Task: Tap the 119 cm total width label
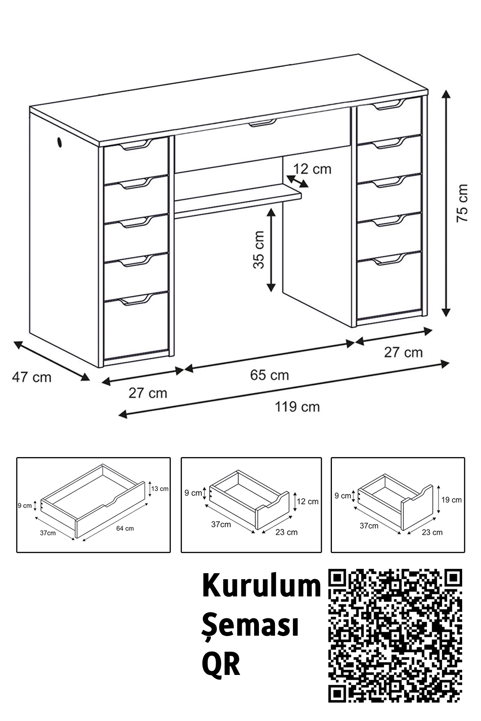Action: click(297, 407)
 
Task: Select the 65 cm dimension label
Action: click(269, 375)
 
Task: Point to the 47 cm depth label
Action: click(32, 377)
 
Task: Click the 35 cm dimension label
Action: click(259, 250)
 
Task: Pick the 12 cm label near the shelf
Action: click(312, 169)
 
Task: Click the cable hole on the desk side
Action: click(59, 142)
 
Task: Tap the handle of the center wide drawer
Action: click(263, 123)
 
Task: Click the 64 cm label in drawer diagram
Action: click(125, 528)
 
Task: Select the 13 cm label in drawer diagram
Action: click(160, 489)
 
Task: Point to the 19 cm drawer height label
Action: click(451, 500)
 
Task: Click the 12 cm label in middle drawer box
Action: click(308, 501)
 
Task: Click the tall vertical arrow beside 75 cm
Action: click(446, 203)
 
